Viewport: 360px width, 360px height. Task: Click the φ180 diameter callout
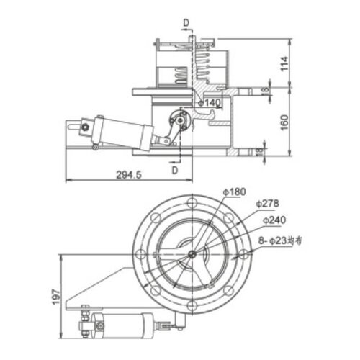coord(235,192)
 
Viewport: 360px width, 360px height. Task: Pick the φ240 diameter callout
coord(274,219)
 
